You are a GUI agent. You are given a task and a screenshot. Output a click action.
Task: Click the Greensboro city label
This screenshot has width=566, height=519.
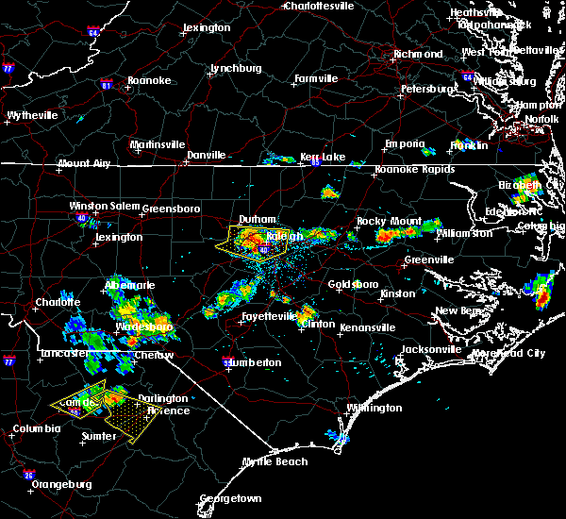click(171, 208)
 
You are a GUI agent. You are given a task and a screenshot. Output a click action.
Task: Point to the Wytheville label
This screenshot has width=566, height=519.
click(32, 115)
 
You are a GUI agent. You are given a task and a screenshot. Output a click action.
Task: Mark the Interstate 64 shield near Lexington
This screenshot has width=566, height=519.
click(93, 33)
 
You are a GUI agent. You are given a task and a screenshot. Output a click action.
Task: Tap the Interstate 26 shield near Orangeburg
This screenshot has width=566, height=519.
click(28, 475)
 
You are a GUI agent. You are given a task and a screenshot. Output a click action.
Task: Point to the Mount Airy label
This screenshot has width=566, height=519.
click(83, 163)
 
